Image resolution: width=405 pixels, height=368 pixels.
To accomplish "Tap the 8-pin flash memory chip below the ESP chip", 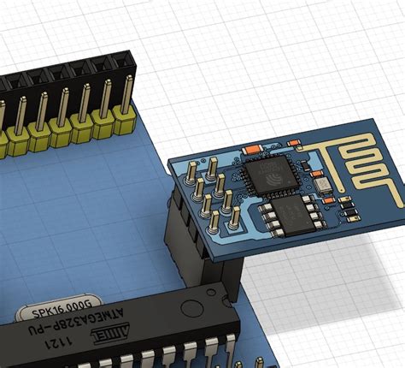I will [288, 216].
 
